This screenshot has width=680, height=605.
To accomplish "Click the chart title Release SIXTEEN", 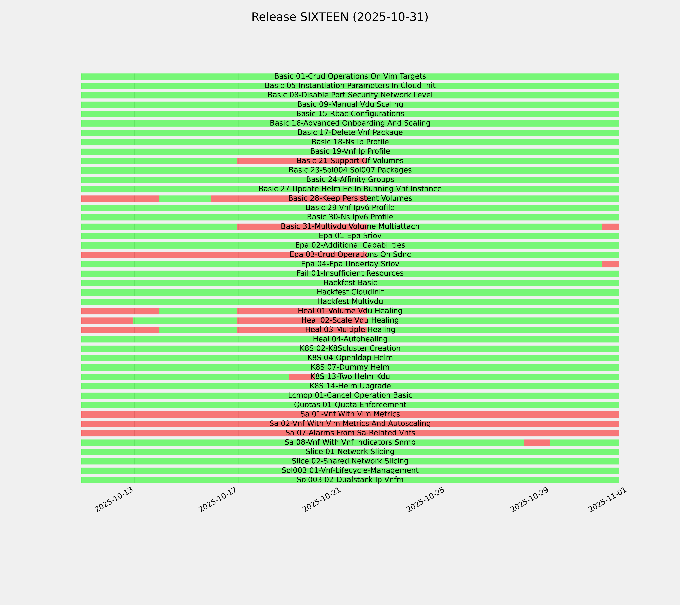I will [340, 17].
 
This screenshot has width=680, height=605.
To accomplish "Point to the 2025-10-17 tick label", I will [218, 500].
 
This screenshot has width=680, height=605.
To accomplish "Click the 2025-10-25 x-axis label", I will [426, 500].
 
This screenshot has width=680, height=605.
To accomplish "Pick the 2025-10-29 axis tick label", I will [530, 500].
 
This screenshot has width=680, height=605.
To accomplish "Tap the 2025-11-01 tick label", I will [608, 500].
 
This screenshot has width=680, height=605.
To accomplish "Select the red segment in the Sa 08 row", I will [537, 443].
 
